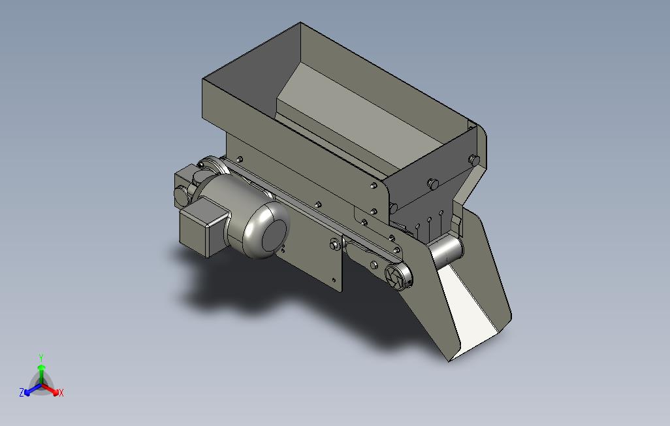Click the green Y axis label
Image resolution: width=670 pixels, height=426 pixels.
coord(41,357)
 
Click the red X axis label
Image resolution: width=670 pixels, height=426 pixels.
coord(61,393)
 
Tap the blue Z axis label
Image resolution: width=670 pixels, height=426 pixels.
coord(22,392)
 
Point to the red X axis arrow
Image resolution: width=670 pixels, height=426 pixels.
coord(51,389)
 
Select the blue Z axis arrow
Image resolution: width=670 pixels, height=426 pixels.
coord(33,389)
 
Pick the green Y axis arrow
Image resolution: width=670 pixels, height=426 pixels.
coord(41,375)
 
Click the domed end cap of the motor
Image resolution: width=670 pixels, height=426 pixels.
coord(266,230)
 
